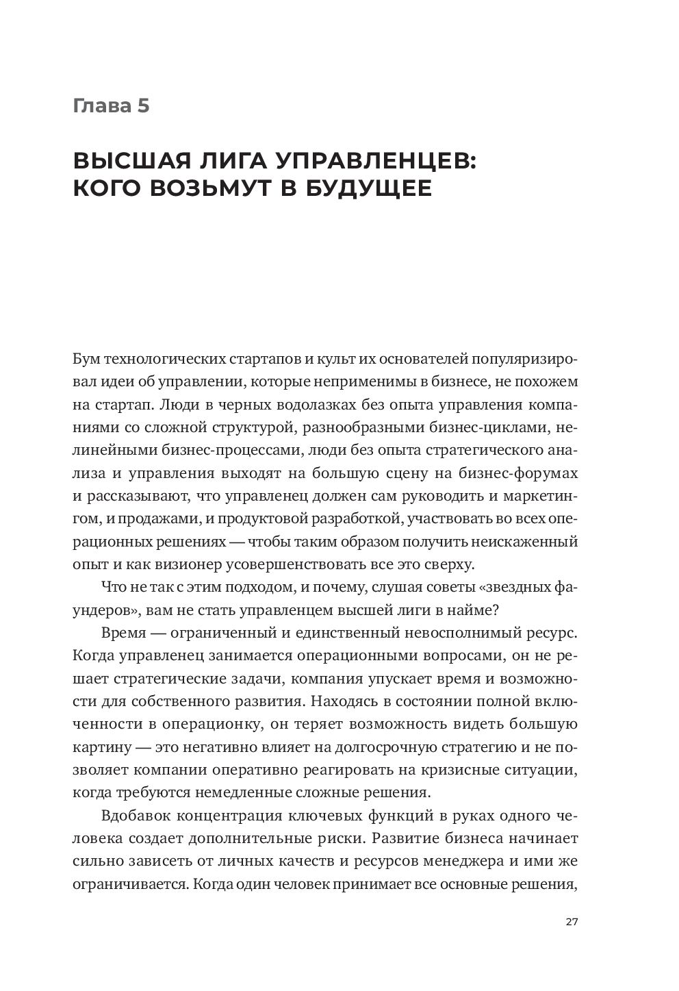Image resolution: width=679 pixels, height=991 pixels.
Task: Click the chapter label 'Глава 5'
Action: pyautogui.click(x=111, y=106)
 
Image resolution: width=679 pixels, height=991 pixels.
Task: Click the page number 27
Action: pyautogui.click(x=572, y=921)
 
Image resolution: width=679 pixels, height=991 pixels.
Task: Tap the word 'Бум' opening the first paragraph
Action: pyautogui.click(x=84, y=359)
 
